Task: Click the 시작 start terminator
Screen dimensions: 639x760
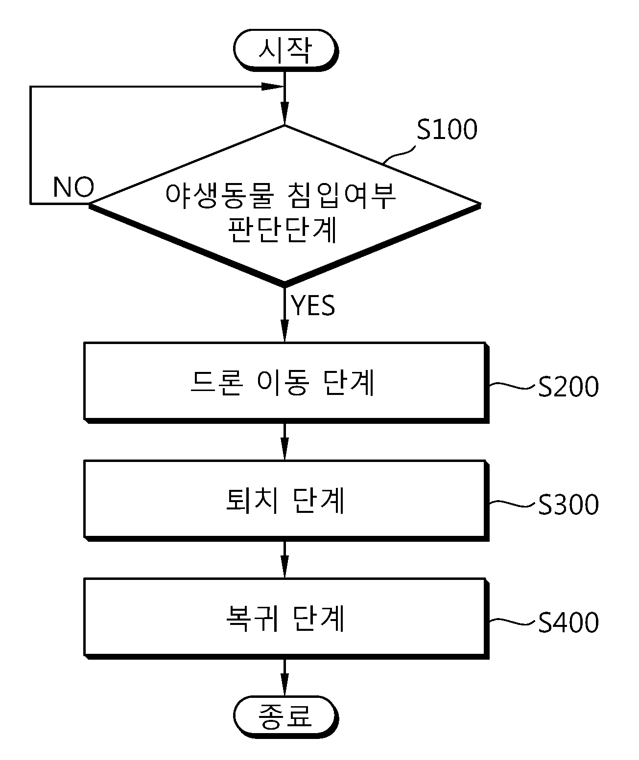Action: point(285,50)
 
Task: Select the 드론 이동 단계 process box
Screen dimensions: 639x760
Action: point(286,383)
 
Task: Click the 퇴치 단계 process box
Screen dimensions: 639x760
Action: point(286,501)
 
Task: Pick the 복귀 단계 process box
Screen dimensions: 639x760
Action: point(286,619)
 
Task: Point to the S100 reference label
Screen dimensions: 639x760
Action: point(447,129)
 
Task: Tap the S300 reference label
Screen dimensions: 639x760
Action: point(568,505)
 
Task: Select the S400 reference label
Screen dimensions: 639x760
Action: point(568,622)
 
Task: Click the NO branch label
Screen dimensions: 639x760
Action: point(73,187)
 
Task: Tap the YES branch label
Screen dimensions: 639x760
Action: point(313,305)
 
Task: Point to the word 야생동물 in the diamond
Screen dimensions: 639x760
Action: point(219,195)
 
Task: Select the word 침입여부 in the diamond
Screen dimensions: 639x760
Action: point(341,195)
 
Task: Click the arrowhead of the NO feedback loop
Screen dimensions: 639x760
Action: point(273,87)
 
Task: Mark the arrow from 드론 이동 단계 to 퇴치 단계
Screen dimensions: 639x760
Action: point(285,441)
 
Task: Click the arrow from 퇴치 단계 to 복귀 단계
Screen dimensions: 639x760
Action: point(285,559)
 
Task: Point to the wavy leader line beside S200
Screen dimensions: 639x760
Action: point(514,386)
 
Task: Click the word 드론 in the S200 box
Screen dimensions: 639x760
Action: point(216,383)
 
